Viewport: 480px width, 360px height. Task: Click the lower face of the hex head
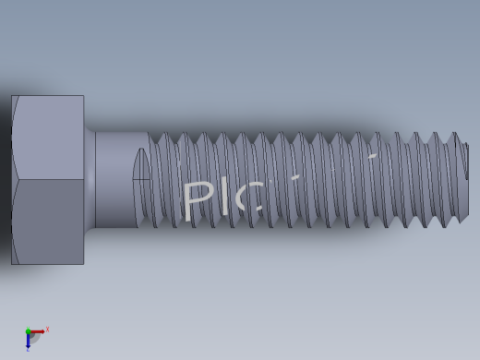point(48,222)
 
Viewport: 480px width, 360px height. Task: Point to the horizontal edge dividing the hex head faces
point(48,179)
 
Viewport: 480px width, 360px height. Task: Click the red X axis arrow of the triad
point(38,331)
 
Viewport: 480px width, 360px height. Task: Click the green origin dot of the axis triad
point(28,331)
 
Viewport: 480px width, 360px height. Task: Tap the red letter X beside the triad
point(47,330)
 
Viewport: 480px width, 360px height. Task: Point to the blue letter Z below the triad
point(28,350)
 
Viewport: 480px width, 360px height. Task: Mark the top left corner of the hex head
point(12,96)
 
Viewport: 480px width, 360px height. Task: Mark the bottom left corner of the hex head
point(12,264)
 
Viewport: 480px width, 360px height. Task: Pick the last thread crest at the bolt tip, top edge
point(454,134)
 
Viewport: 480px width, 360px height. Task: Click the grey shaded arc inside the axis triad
point(34,338)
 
